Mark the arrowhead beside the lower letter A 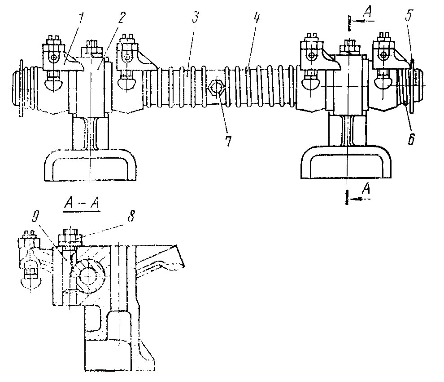pos(353,198)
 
